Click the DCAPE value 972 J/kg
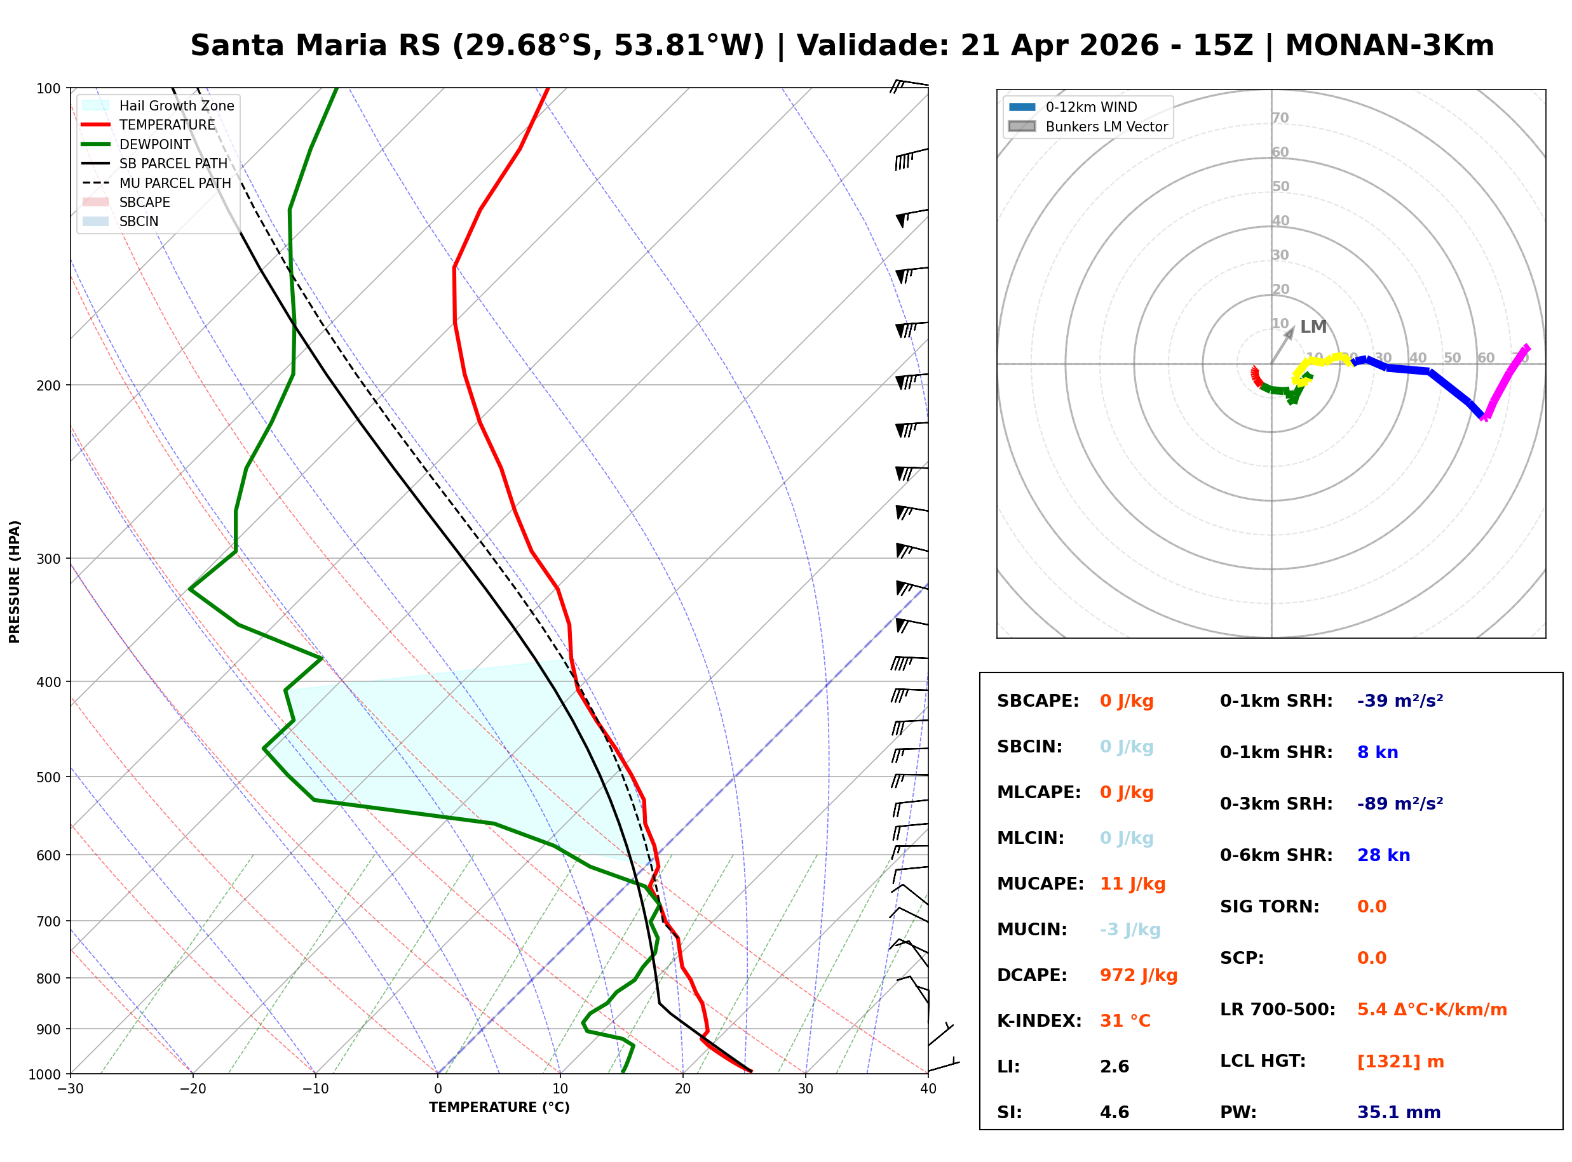point(1138,975)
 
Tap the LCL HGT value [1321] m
point(1400,1062)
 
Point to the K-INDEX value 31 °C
point(1125,1021)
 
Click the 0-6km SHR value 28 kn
point(1383,855)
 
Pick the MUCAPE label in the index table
point(1040,884)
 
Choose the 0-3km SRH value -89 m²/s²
point(1400,804)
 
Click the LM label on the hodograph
point(1313,327)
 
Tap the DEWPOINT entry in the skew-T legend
point(155,144)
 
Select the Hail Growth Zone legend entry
point(176,105)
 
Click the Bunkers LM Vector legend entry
point(1106,126)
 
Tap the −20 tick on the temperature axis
point(192,1090)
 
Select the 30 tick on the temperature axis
point(805,1090)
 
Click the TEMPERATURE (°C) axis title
point(499,1108)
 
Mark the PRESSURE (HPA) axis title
point(15,582)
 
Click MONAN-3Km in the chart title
point(1389,46)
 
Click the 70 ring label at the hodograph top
point(1280,117)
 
